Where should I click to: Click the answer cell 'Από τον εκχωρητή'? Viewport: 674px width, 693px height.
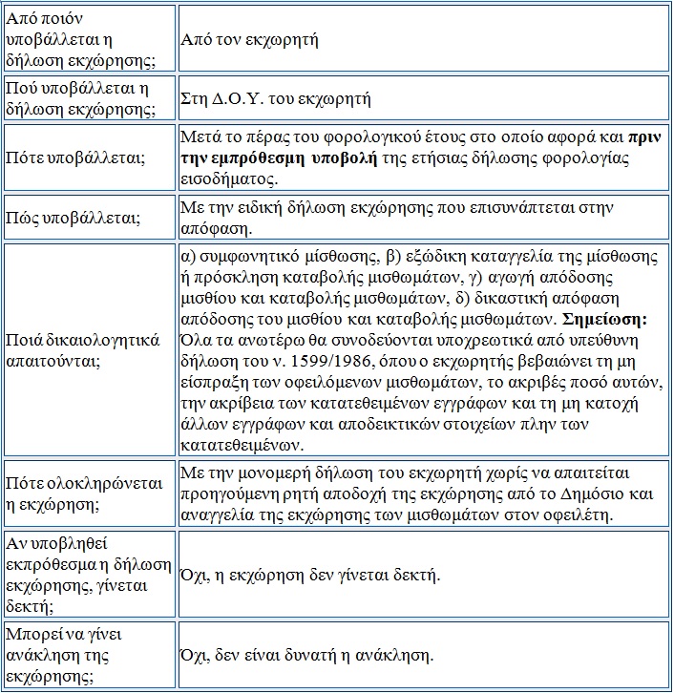tap(249, 41)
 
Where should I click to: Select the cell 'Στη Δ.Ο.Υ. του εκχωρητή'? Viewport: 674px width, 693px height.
tap(276, 98)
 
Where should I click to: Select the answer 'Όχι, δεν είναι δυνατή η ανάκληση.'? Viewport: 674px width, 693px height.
tap(306, 656)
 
